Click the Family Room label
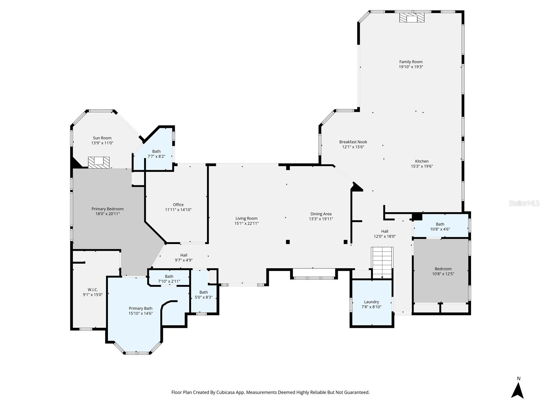[411, 62]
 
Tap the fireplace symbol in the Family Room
[412, 18]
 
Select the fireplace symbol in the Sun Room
[99, 162]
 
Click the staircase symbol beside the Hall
[382, 263]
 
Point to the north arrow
[517, 391]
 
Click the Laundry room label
[371, 302]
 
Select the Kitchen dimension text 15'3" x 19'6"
[422, 166]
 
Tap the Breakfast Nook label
[353, 142]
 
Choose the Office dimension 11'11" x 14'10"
[178, 210]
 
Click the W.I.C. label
[93, 290]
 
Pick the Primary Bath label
[140, 308]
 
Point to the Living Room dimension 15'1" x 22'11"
[246, 223]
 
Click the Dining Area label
[321, 214]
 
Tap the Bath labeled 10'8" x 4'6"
[440, 227]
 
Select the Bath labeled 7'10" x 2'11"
[169, 279]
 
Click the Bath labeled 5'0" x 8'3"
[204, 295]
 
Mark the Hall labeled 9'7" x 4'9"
[184, 257]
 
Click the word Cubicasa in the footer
[226, 392]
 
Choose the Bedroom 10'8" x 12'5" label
[443, 271]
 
